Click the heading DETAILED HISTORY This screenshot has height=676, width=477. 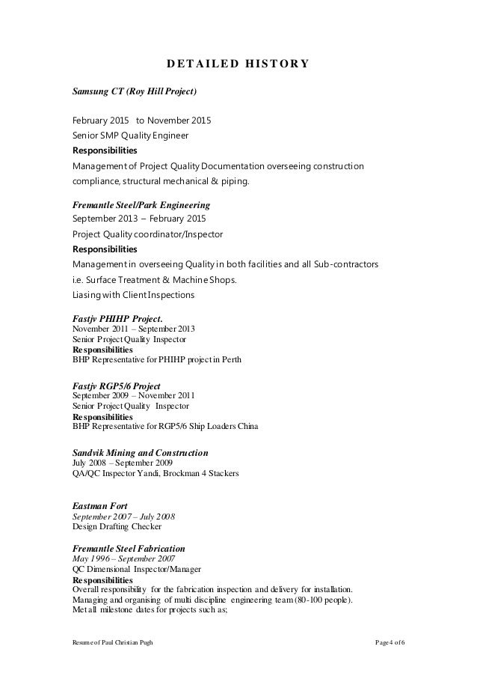pyautogui.click(x=238, y=63)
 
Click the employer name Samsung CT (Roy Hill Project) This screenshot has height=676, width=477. pyautogui.click(x=134, y=92)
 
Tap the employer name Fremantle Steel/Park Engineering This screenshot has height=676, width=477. pyautogui.click(x=140, y=204)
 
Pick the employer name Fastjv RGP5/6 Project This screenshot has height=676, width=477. pyautogui.click(x=116, y=386)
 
